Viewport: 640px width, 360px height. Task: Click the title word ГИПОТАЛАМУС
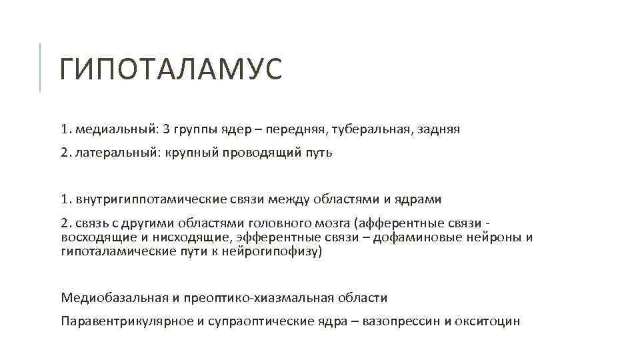pos(171,69)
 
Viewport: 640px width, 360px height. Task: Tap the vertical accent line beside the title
pos(40,67)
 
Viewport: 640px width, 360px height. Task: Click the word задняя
pos(437,129)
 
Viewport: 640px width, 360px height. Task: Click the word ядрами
pos(419,199)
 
